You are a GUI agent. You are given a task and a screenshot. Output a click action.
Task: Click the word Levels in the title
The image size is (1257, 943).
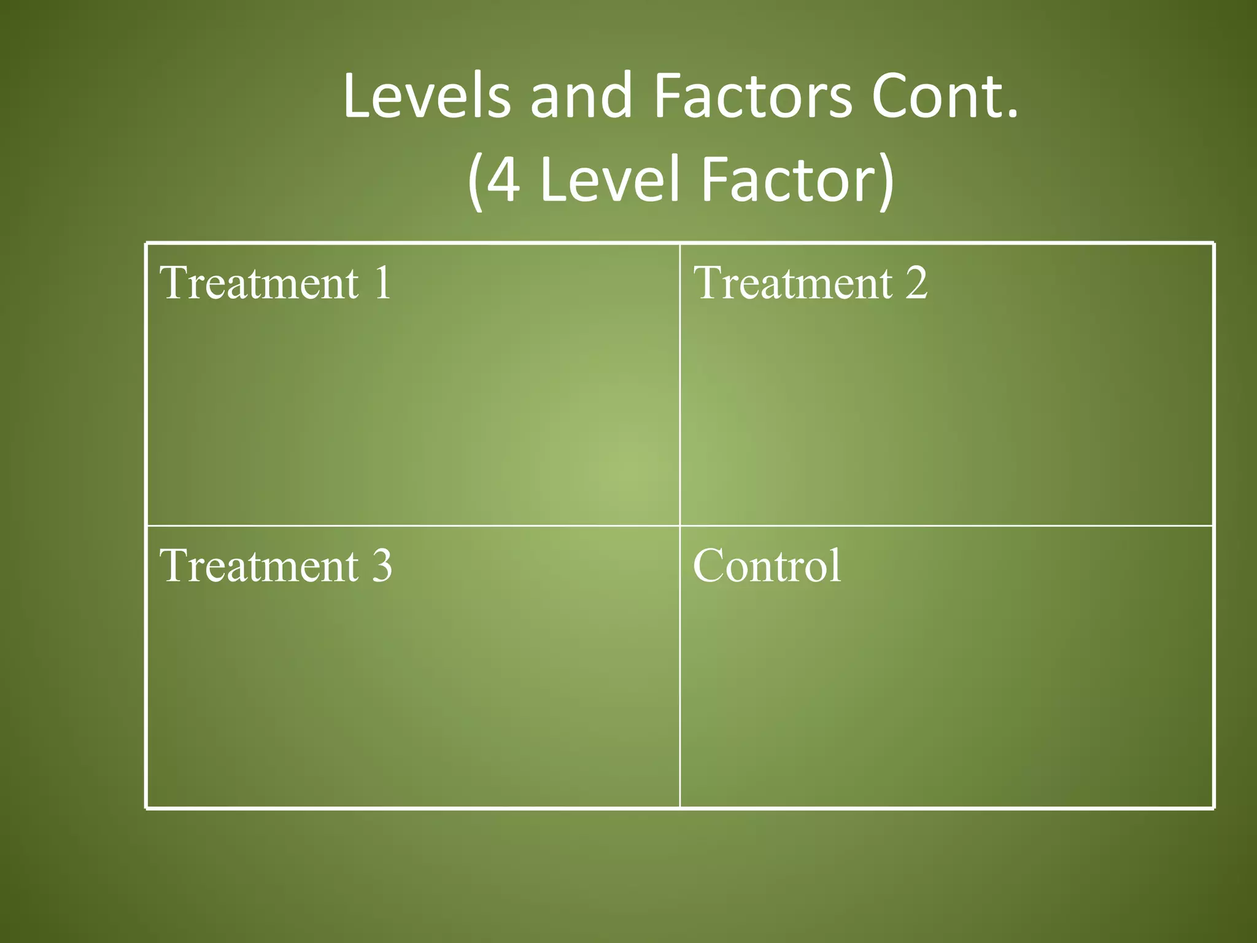[x=427, y=96]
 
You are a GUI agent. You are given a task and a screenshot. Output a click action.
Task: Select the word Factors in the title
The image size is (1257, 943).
[x=752, y=97]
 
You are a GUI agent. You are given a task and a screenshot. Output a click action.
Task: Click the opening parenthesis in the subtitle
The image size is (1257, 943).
[x=474, y=182]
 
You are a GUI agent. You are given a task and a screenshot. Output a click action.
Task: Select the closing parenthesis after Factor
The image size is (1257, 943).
[x=886, y=182]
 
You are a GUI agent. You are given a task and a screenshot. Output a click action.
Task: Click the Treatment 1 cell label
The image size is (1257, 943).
[x=276, y=283]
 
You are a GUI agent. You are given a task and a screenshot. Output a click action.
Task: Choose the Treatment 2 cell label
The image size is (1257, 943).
[x=810, y=283]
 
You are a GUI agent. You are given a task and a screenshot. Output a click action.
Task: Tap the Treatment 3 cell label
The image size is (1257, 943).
[x=276, y=565]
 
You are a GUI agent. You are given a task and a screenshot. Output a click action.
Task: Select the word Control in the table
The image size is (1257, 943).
[x=767, y=565]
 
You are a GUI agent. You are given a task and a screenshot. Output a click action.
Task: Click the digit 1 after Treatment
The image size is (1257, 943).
[x=383, y=283]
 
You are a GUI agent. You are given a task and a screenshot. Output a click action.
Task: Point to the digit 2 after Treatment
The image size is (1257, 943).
[x=916, y=283]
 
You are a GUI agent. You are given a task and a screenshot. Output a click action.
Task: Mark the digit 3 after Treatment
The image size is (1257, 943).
[x=382, y=565]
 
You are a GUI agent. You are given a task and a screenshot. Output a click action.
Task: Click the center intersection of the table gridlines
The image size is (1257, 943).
[x=680, y=526]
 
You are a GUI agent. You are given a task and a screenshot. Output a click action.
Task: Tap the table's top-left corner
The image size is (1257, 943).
[x=147, y=244]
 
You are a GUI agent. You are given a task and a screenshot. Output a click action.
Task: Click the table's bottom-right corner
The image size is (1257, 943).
[x=1213, y=808]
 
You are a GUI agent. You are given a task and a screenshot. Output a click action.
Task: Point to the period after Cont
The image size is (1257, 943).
[x=1012, y=114]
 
